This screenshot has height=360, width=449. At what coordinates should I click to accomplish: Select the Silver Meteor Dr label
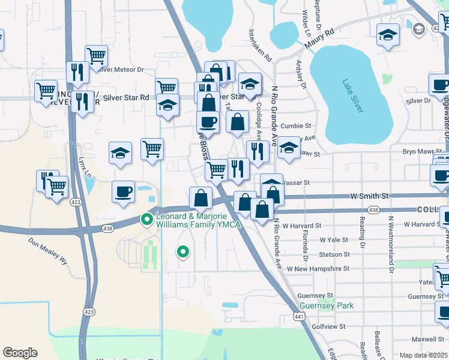(124, 70)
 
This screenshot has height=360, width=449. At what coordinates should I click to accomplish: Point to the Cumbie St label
(297, 126)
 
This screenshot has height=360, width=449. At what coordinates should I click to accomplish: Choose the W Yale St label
(334, 239)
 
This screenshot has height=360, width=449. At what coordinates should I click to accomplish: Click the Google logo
(20, 353)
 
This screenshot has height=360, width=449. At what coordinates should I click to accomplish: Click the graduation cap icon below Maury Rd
(388, 35)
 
